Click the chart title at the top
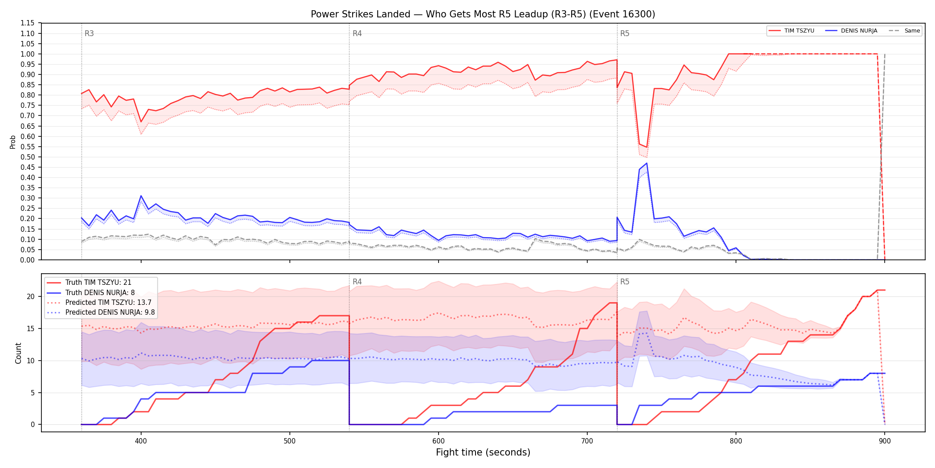(483, 14)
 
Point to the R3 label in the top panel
(89, 33)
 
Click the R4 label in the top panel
(357, 33)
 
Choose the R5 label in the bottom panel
(625, 282)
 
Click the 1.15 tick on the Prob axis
(27, 23)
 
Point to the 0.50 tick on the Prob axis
(27, 157)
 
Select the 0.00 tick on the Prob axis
(27, 260)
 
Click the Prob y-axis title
(13, 142)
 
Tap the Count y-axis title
(18, 353)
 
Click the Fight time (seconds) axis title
(483, 452)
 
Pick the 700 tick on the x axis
(587, 441)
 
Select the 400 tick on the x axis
(141, 441)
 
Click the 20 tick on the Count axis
(31, 297)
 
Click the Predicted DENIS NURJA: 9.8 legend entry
(101, 312)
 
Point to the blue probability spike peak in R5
(647, 163)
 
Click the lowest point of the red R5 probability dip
(647, 148)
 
